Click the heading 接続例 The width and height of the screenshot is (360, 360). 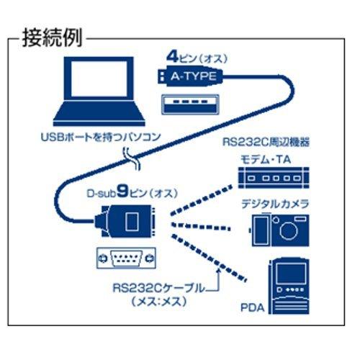click(53, 38)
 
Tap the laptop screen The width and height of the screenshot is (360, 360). click(99, 78)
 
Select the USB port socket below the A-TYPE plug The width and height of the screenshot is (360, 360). click(190, 104)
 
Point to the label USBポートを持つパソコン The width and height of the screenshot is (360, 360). click(101, 138)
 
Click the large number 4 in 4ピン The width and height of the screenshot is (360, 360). click(173, 57)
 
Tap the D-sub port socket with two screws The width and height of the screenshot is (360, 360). click(126, 258)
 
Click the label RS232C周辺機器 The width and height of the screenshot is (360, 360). click(266, 142)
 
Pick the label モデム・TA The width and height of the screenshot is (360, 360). click(266, 159)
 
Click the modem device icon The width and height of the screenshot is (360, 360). click(274, 178)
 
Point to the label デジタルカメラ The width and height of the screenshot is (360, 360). click(275, 204)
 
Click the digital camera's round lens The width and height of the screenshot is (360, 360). click(289, 231)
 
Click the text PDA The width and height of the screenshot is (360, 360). click(253, 308)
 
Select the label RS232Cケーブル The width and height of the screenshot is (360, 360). click(159, 288)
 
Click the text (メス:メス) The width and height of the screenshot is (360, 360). click(159, 302)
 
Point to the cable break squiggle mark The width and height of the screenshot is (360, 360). click(132, 158)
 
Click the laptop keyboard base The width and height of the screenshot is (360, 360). click(99, 113)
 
